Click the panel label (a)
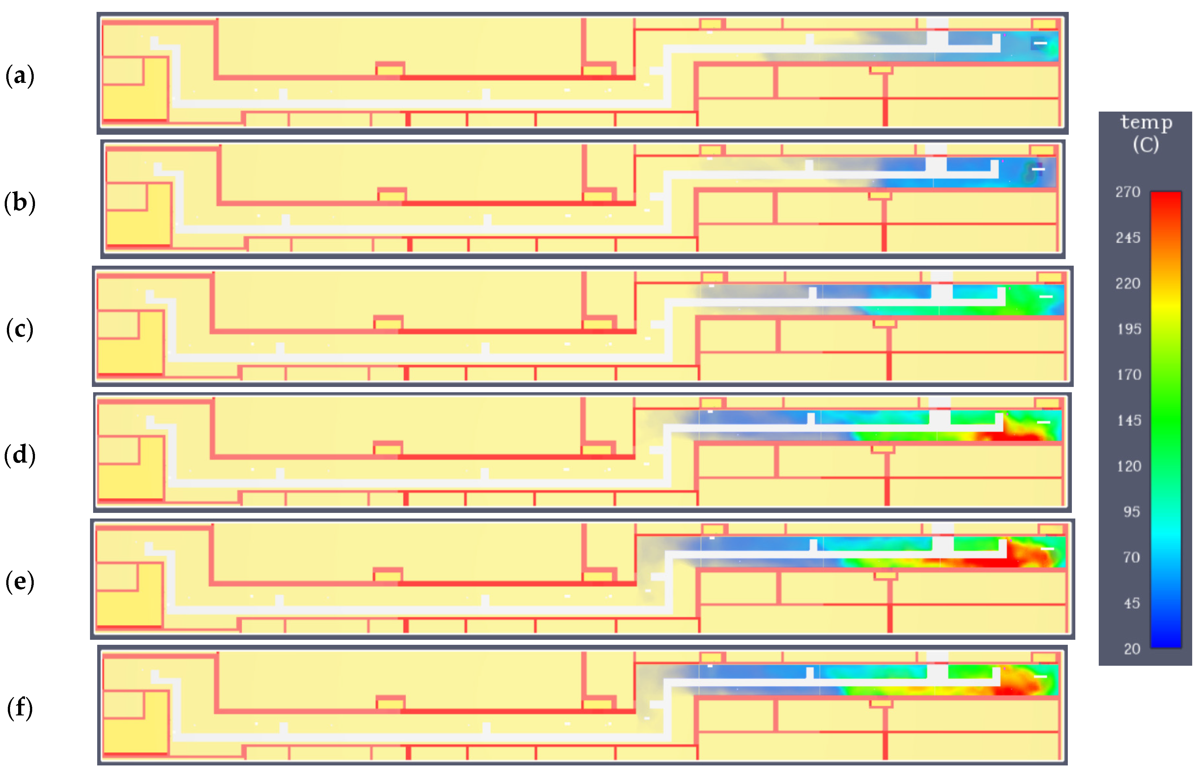20,76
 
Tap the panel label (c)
20,329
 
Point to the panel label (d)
20,455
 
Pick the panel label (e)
20,582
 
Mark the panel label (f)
20,708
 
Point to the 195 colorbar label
1128,329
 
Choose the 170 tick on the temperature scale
1128,375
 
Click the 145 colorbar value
1128,421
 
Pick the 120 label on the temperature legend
1128,467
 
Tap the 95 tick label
1131,512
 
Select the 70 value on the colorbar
1131,558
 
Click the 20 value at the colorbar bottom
1131,649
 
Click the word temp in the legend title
1146,122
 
